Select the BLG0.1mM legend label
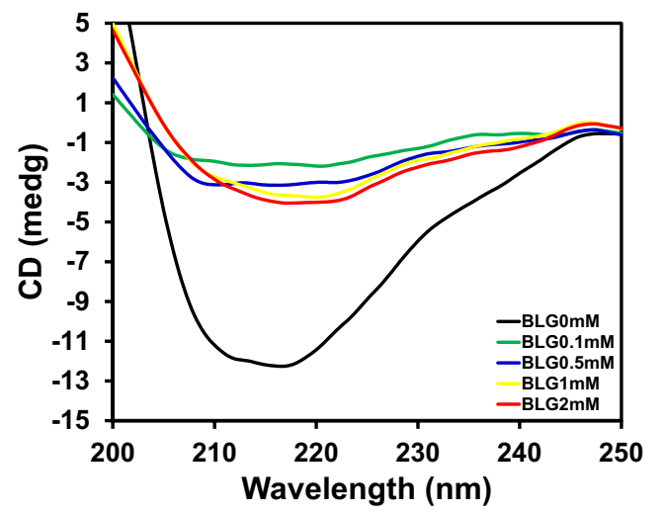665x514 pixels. coord(560,342)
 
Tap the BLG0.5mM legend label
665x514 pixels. coord(560,362)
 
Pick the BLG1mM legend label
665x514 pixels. coord(555,383)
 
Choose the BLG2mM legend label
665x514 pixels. coord(555,403)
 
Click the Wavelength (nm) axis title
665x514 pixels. coord(367,487)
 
